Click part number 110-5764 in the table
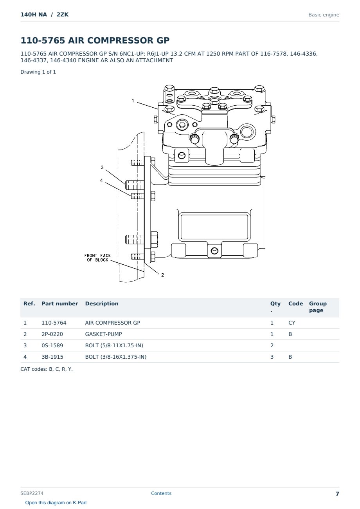(54, 323)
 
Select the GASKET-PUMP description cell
(103, 334)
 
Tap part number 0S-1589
(52, 345)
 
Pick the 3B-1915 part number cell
(52, 357)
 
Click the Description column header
(101, 303)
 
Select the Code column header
(295, 303)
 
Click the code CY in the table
(292, 323)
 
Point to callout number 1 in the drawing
(133, 101)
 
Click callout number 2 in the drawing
(162, 275)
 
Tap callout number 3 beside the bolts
(102, 168)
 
